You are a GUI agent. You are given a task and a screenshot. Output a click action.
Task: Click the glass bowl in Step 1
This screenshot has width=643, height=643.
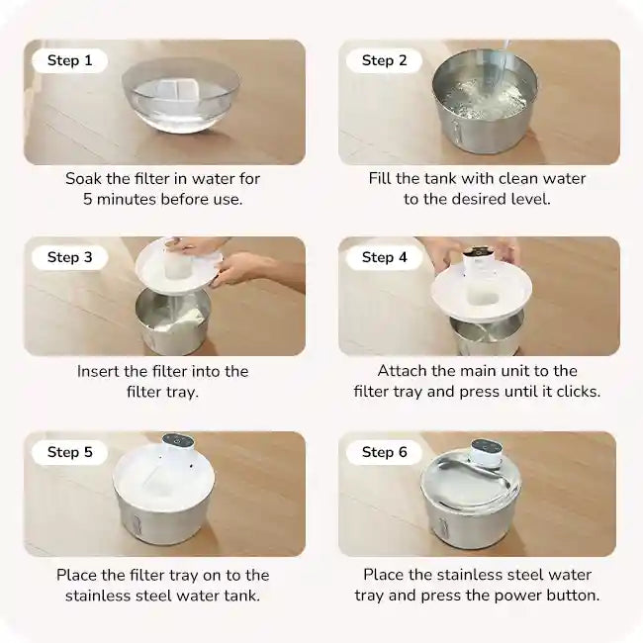pyautogui.click(x=181, y=95)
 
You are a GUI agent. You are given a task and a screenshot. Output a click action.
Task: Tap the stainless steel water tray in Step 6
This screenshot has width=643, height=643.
pyautogui.click(x=470, y=485)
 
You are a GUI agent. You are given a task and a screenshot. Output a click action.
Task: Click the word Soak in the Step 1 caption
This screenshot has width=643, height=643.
pyautogui.click(x=85, y=179)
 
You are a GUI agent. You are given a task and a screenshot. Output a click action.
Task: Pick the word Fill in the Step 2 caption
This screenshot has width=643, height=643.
pyautogui.click(x=383, y=179)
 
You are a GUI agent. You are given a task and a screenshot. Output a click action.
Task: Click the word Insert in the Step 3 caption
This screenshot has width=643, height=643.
pyautogui.click(x=100, y=372)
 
